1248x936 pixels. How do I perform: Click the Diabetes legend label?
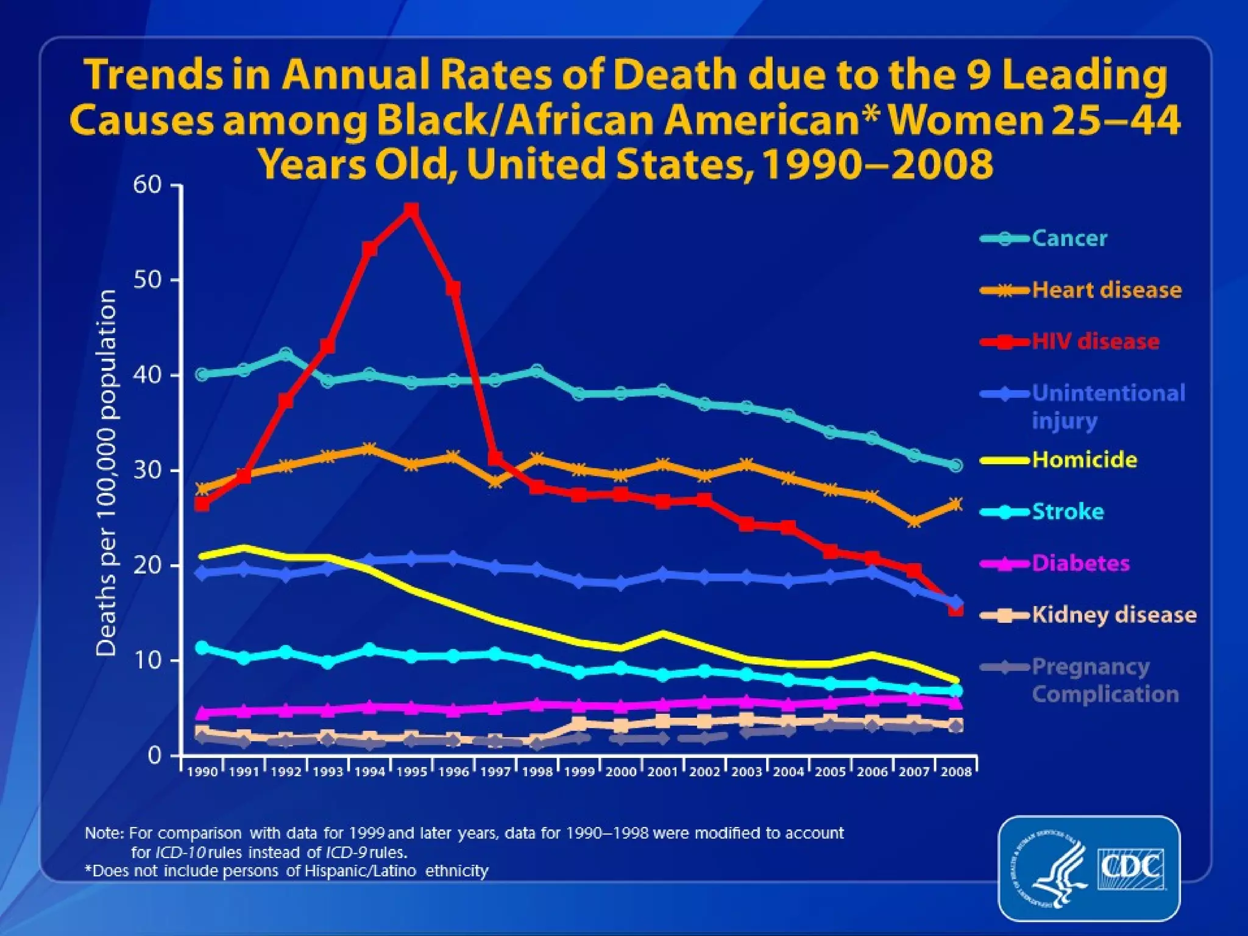[x=1080, y=563]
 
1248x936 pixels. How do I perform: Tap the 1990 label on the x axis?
[x=202, y=772]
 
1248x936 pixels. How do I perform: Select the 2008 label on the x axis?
[x=956, y=772]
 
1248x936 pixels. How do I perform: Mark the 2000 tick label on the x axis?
[x=621, y=772]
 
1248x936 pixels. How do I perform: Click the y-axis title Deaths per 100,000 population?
[x=107, y=473]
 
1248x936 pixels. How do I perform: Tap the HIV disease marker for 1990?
[x=202, y=503]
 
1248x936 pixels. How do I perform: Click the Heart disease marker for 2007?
[x=914, y=522]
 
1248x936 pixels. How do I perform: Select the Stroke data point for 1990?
[x=202, y=647]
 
